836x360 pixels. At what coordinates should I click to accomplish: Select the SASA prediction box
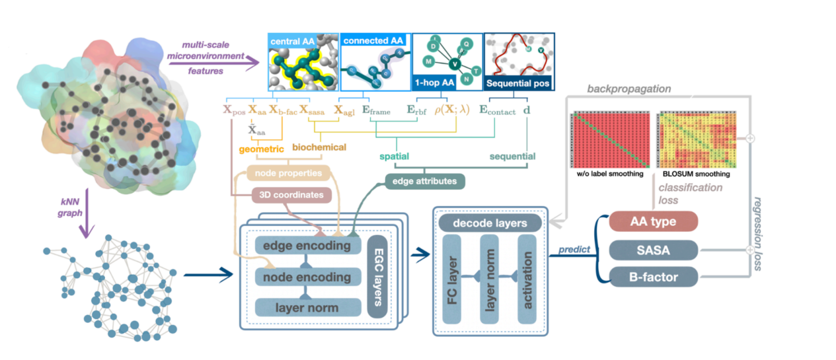coord(653,250)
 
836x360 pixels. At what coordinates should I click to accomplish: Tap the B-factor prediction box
coord(653,276)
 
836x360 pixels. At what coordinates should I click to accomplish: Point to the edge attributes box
coord(424,180)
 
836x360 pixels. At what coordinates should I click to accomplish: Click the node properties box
coord(290,174)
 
